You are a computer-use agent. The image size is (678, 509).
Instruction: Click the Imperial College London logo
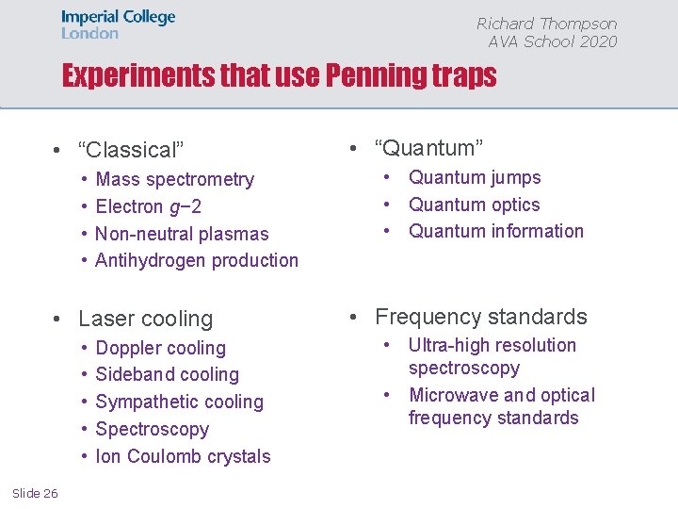click(119, 25)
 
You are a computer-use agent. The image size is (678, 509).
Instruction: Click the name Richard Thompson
click(546, 24)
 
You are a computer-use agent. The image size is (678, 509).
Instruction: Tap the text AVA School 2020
click(553, 41)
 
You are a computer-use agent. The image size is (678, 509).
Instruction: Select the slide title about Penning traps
click(279, 76)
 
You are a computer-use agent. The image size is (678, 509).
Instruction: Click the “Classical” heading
click(131, 150)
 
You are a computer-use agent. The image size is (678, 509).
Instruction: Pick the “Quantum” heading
click(428, 148)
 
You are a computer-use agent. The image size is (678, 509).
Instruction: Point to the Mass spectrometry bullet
click(175, 179)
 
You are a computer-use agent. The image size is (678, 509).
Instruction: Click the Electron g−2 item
click(149, 206)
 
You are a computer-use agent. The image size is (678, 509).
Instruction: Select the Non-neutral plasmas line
click(182, 234)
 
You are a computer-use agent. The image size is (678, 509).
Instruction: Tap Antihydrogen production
click(197, 260)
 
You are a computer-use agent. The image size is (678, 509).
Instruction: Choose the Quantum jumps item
click(475, 177)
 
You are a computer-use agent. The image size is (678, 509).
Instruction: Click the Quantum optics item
click(474, 205)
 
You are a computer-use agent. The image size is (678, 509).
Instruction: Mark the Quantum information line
click(495, 231)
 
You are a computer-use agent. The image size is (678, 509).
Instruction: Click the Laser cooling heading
click(146, 319)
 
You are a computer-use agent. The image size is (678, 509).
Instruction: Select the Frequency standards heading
click(480, 317)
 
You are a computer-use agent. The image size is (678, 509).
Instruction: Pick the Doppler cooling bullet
click(161, 348)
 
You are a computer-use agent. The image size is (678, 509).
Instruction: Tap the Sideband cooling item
click(168, 374)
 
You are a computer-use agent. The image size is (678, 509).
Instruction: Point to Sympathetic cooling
click(180, 402)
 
